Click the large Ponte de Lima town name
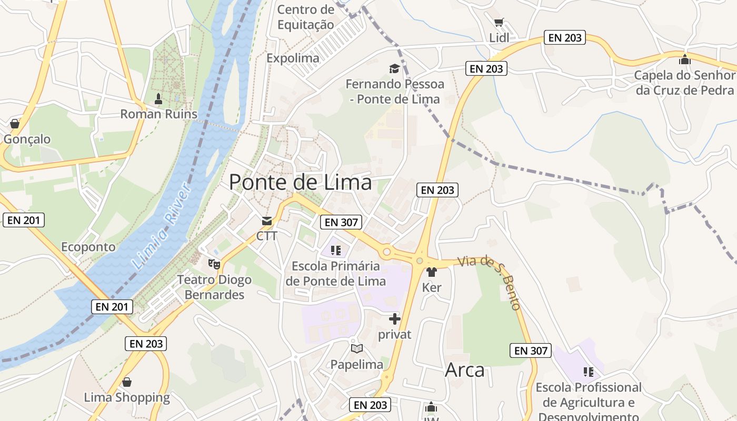pos(300,182)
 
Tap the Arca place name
pos(464,370)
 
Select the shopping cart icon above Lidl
pos(499,23)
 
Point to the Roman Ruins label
pos(158,114)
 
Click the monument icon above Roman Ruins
pos(158,98)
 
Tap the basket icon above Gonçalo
pos(15,124)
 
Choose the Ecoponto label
pos(88,247)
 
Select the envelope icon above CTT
pos(267,220)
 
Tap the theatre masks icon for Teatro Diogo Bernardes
pos(214,263)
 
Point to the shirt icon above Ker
pos(432,272)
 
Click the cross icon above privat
pos(395,318)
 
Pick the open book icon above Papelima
pos(357,348)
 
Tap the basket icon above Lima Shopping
pos(127,382)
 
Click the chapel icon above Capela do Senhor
pos(684,59)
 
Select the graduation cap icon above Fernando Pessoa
pos(394,68)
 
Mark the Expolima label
pos(293,58)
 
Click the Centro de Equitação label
pos(305,17)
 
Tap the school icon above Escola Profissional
pos(588,372)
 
